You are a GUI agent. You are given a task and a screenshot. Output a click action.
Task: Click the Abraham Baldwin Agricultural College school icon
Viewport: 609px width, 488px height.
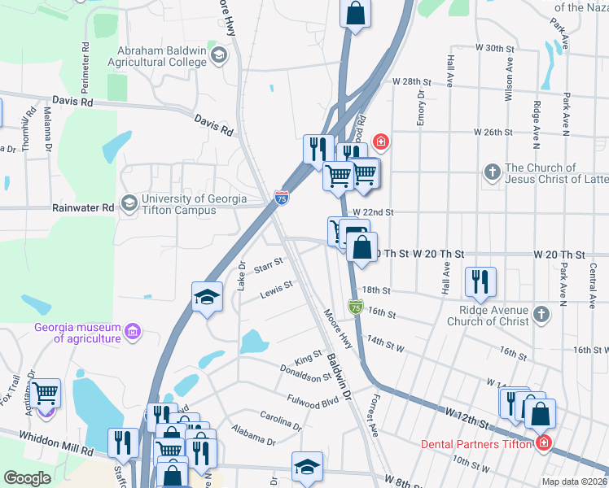point(218,55)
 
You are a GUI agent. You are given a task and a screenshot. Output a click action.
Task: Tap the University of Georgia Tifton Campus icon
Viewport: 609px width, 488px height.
point(129,203)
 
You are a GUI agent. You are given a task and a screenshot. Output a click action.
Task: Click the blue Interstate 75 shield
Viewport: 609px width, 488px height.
point(281,198)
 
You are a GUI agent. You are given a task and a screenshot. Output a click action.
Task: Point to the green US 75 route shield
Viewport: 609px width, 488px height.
point(356,307)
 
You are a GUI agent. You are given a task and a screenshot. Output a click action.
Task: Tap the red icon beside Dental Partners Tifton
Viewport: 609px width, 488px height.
point(543,444)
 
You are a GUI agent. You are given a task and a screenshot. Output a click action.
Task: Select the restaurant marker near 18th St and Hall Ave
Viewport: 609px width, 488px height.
point(480,281)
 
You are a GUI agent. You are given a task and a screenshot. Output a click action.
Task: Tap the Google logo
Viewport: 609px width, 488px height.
point(27,478)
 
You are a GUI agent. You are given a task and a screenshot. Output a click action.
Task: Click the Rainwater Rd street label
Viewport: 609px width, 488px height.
point(85,208)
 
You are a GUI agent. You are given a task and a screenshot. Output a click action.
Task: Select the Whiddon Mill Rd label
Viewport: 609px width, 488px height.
point(51,447)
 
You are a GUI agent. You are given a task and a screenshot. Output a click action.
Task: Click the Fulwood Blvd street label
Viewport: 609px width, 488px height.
point(312,401)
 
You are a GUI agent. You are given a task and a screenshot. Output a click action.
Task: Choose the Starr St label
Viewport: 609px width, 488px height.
point(268,264)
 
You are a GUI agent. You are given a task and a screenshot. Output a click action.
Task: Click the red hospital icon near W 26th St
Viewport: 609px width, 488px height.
point(380,142)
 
